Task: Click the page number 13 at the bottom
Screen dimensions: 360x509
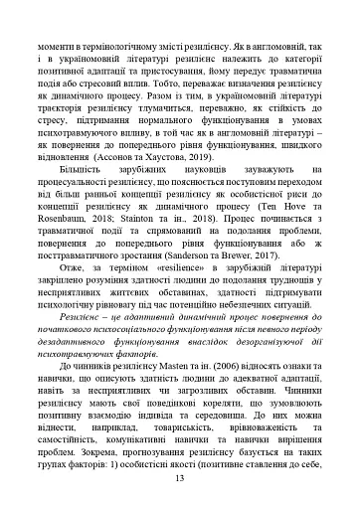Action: coord(180,477)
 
